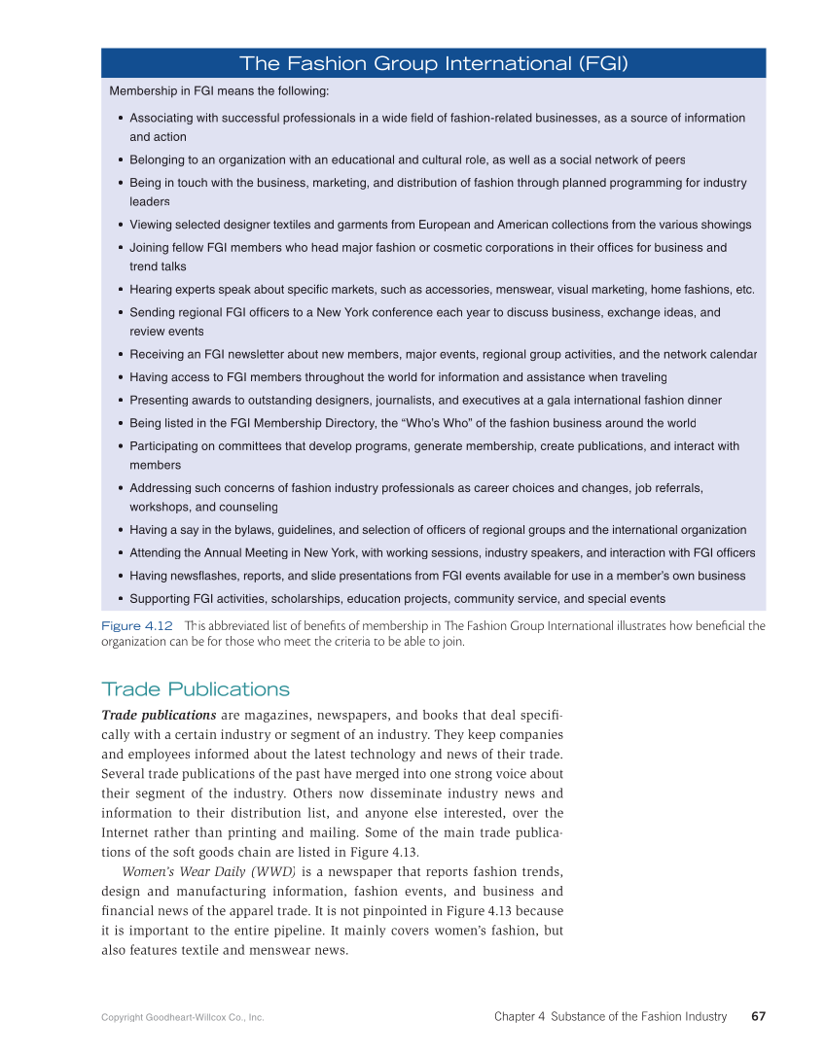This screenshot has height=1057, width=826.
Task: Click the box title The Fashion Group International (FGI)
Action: [x=433, y=64]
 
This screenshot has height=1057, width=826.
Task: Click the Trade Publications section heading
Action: [x=196, y=689]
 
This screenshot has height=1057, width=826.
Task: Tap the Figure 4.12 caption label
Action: [x=137, y=626]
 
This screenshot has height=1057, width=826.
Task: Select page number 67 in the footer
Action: [x=758, y=1016]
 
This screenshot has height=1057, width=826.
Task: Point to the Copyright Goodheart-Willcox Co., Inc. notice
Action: [x=183, y=1017]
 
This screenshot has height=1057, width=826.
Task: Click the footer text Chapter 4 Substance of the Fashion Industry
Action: [x=610, y=1016]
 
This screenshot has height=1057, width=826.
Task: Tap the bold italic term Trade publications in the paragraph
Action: [x=159, y=715]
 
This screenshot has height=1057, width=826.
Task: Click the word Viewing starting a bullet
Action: [x=152, y=225]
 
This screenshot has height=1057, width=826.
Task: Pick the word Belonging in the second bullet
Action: [x=158, y=159]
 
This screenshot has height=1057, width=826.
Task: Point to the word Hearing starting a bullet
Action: [x=152, y=290]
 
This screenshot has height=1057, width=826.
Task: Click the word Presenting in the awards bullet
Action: [x=160, y=400]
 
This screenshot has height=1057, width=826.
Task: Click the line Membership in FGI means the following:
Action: [x=219, y=91]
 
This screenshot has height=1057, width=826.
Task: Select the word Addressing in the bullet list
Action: [x=162, y=487]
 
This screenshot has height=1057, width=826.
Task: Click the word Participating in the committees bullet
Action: [x=167, y=446]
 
